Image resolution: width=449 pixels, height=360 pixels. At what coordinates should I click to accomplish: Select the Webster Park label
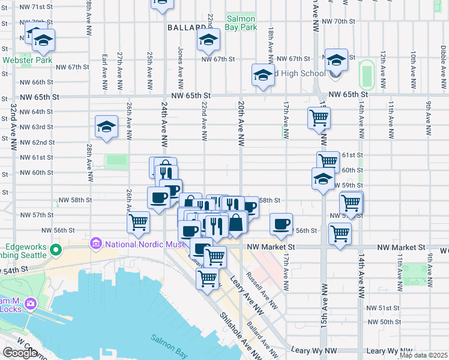click(26, 60)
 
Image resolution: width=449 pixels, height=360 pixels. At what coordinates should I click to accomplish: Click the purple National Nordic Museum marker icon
click(95, 244)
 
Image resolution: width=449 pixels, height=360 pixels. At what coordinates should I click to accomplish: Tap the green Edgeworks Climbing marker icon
click(56, 249)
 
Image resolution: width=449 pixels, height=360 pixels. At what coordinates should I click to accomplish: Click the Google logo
click(20, 353)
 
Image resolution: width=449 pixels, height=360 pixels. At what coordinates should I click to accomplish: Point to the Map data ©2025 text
click(423, 355)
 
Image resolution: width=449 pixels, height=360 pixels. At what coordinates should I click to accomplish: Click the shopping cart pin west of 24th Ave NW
click(139, 222)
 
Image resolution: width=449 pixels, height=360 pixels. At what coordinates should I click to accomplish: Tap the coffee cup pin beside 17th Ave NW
click(281, 224)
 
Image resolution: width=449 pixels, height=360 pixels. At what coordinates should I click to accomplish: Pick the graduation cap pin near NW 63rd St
click(106, 127)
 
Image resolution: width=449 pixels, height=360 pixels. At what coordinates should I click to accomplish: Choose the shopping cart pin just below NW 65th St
click(319, 117)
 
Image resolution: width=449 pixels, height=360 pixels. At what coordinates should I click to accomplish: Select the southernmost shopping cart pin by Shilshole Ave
click(207, 278)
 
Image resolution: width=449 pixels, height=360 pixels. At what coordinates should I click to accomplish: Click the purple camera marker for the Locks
click(30, 304)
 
